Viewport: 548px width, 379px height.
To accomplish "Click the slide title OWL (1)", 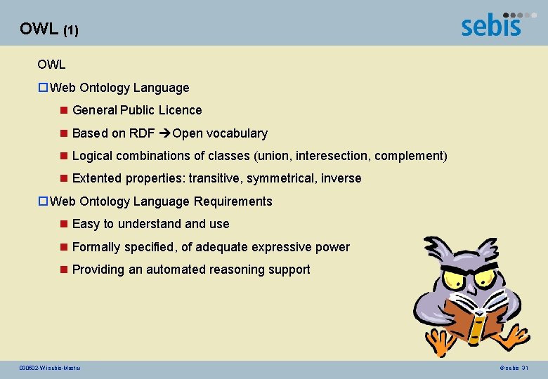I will click(x=49, y=29).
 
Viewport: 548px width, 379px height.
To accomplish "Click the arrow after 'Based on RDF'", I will click(x=164, y=133).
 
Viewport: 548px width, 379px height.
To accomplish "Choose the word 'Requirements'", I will click(x=233, y=201).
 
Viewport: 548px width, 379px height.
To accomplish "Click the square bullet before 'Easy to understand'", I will click(x=63, y=224).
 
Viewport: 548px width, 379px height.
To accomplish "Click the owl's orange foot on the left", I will click(x=440, y=345).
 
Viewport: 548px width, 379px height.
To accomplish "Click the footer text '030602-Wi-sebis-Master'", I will click(x=51, y=368).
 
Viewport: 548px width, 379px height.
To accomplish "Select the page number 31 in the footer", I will click(x=525, y=368).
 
